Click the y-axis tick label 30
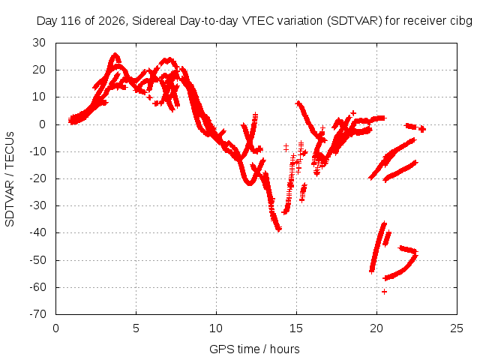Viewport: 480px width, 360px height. click(39, 43)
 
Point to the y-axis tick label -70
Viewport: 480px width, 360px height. click(37, 314)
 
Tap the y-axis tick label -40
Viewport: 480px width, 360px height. click(37, 232)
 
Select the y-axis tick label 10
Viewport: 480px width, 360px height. click(39, 97)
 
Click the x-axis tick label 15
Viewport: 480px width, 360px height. click(296, 328)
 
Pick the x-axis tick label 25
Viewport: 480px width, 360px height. click(457, 328)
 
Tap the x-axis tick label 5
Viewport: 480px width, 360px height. click(136, 328)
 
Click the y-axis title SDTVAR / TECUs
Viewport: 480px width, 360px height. click(10, 179)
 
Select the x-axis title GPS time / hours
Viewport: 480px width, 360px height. click(254, 349)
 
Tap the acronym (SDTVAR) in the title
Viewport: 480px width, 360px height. click(354, 21)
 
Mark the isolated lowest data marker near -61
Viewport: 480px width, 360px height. click(384, 292)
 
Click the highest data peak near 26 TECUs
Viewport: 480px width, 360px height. click(115, 55)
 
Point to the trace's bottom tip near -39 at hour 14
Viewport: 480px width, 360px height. click(278, 229)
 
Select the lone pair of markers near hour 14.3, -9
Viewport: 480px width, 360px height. click(286, 148)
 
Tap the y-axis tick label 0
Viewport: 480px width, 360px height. click(42, 124)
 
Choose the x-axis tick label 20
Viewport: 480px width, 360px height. click(376, 328)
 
